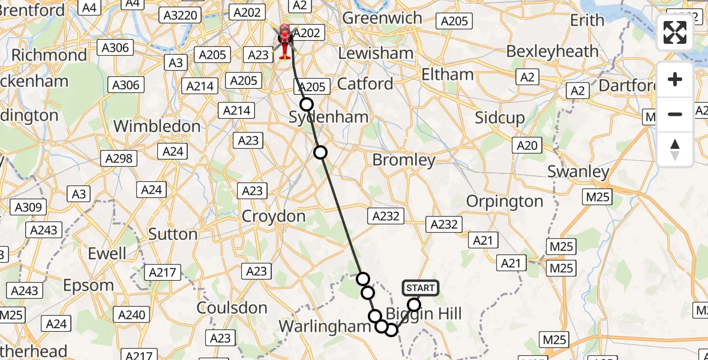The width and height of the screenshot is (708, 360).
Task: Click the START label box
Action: tap(421, 288)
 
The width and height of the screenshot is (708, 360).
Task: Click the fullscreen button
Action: tap(675, 32)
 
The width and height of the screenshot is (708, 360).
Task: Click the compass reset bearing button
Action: tap(675, 149)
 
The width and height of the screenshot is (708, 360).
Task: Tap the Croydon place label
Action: tap(274, 216)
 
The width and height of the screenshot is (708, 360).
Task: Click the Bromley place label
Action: tap(404, 160)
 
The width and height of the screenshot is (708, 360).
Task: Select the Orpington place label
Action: tap(505, 201)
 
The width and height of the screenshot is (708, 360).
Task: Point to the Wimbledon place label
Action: tap(157, 127)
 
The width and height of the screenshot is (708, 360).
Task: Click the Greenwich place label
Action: tap(382, 18)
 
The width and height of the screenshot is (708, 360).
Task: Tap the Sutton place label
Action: tap(173, 234)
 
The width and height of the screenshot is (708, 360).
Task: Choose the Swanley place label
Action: tap(578, 172)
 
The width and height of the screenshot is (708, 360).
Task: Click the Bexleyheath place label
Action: tap(552, 52)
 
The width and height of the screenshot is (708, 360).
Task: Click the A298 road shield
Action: tap(120, 158)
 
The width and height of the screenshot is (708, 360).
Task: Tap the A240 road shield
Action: tap(132, 315)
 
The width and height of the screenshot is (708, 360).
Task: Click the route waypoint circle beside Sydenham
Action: tap(307, 104)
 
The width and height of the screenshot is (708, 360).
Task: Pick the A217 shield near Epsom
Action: tap(163, 272)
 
